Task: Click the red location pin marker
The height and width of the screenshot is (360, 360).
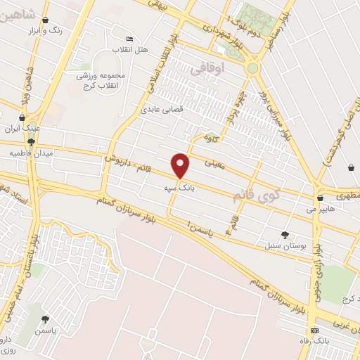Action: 181,165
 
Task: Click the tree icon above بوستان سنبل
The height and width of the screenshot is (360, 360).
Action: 285,235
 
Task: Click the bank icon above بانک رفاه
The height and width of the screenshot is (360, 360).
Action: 314,330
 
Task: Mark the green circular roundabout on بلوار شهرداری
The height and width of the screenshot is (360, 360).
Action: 252,68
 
